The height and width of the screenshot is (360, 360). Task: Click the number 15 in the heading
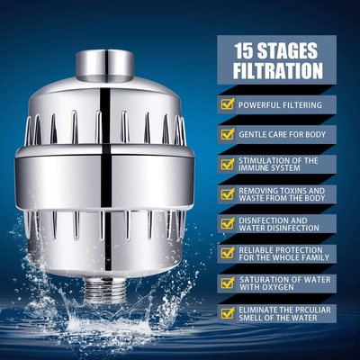244,50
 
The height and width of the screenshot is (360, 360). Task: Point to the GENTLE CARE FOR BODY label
280,134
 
